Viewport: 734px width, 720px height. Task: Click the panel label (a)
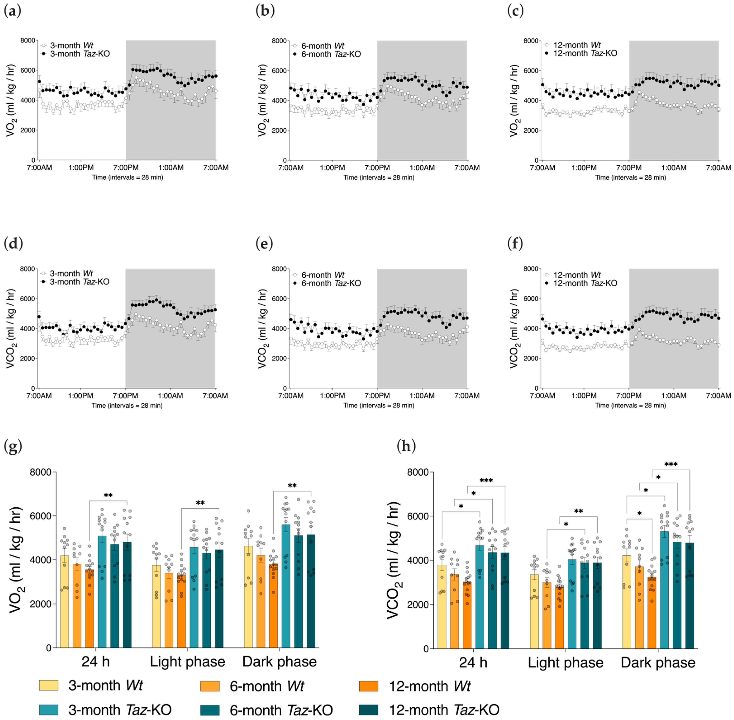pyautogui.click(x=12, y=11)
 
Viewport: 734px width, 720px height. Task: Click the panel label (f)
pyautogui.click(x=515, y=244)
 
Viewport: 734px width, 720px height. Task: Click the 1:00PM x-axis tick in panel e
pyautogui.click(x=332, y=396)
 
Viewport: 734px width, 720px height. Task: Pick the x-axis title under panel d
pyautogui.click(x=127, y=405)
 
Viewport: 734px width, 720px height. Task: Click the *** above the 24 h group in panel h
pyautogui.click(x=486, y=481)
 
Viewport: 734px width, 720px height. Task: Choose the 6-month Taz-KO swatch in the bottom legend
pyautogui.click(x=210, y=710)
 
